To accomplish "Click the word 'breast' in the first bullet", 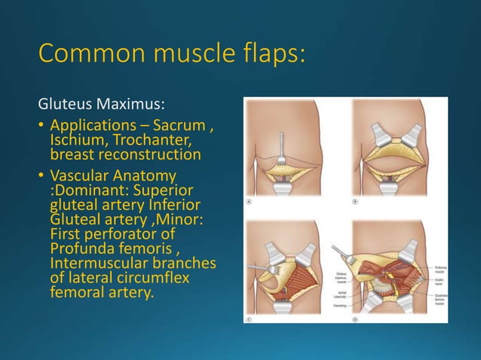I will [72, 155].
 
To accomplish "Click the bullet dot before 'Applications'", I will [41, 126].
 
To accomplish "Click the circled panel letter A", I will [250, 202].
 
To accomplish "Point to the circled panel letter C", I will [250, 317].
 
